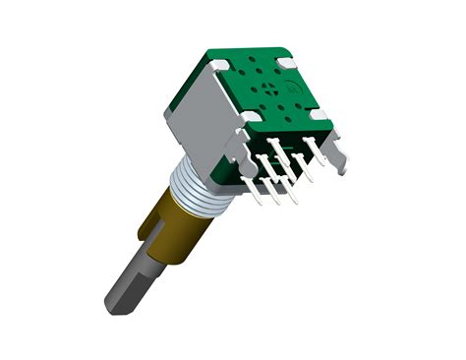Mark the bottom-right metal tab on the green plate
point(316,115)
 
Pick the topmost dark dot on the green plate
point(258,60)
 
